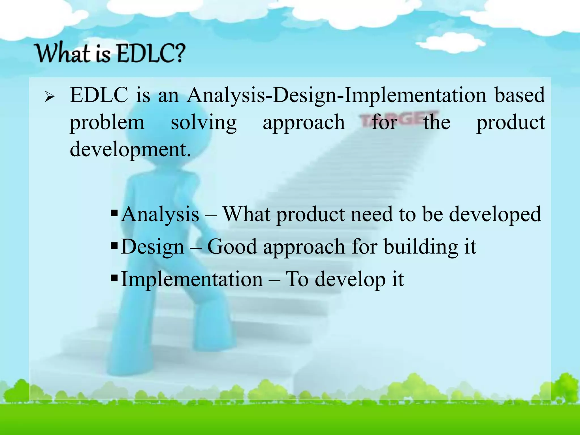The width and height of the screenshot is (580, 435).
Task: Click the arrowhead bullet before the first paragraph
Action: (x=49, y=97)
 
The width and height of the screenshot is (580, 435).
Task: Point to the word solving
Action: (x=204, y=122)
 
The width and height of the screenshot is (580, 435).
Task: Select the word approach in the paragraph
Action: (x=304, y=123)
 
